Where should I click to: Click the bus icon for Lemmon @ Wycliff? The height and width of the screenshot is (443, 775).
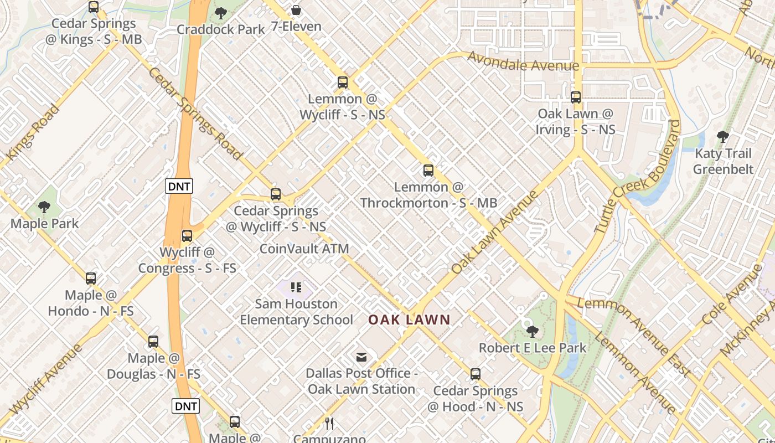coord(343,83)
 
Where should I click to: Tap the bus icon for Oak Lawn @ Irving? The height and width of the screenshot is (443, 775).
coord(576,97)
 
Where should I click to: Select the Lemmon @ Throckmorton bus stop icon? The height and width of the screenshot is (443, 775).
coord(428,171)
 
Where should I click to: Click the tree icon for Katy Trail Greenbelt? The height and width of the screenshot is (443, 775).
coord(723,137)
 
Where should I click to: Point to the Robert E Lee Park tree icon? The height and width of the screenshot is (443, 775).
coord(533,332)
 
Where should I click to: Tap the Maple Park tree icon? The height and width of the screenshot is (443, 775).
coord(45,208)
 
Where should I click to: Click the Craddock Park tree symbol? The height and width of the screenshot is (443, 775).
coord(221,13)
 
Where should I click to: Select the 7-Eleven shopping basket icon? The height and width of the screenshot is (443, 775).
coord(296,11)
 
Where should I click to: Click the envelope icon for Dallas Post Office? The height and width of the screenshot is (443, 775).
coord(361,357)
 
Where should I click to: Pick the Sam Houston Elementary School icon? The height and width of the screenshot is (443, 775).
coord(296,287)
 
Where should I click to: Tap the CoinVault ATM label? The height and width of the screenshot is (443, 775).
coord(304,249)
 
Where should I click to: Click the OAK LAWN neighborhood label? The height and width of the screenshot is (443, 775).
coord(410,320)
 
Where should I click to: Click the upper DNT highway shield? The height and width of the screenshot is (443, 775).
coord(179,186)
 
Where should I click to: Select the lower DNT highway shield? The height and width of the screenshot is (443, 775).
coord(185,406)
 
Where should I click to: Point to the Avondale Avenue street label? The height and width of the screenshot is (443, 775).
coord(523,61)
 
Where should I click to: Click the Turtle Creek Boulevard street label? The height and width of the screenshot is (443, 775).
coord(637,176)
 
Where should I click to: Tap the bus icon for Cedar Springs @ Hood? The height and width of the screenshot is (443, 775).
coord(476,374)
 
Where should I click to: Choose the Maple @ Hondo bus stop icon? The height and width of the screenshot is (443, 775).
coord(91,279)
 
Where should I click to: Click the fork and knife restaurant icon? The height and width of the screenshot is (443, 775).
coord(330,424)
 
